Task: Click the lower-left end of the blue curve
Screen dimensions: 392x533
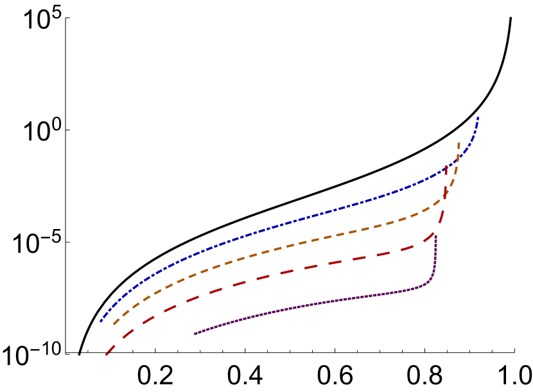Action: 101,321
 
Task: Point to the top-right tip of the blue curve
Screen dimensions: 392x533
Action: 478,117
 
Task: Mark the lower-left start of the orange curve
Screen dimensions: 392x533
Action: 114,325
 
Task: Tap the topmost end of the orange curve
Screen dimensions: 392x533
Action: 459,142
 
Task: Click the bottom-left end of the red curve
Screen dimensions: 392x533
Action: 106,355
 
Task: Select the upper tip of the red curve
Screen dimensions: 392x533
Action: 446,166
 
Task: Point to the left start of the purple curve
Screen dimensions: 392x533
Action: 195,334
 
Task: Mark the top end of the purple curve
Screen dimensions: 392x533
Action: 436,236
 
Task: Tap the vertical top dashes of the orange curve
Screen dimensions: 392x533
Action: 459,151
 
